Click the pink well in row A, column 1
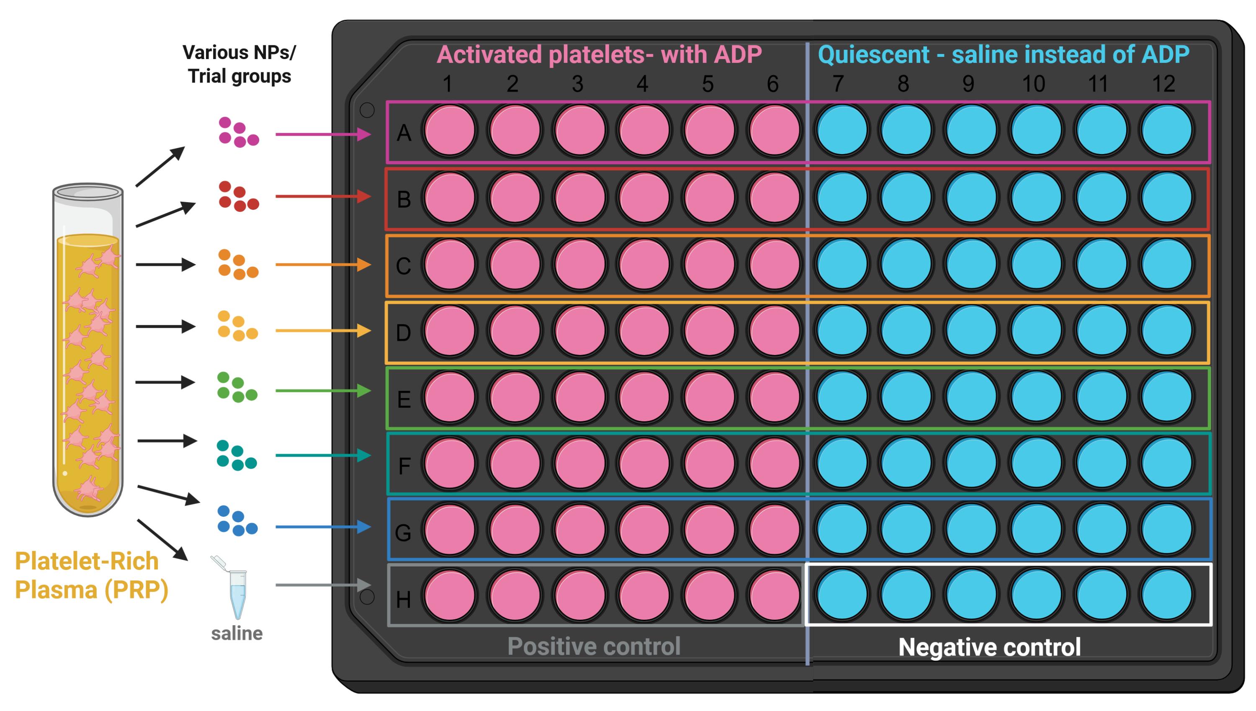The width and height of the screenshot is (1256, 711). coord(449,130)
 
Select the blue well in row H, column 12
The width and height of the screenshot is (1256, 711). coord(1166,594)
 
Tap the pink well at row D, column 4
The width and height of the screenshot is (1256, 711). coord(644,331)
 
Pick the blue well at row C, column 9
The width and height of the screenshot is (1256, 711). coord(971,264)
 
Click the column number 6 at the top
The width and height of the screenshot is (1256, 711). coord(772,84)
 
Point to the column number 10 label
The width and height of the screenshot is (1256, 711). coord(1033,84)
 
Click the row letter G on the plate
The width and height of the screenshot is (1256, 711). coord(403,533)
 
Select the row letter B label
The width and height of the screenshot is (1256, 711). coord(404,199)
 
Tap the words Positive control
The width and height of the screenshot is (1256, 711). coord(594,646)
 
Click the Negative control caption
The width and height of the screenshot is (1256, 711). coord(989,647)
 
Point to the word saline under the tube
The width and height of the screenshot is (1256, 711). coord(237,634)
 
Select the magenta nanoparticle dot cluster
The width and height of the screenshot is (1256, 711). coord(238,132)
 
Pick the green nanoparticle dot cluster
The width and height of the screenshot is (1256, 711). coord(237,387)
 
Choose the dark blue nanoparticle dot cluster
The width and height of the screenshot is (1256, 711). coord(237,521)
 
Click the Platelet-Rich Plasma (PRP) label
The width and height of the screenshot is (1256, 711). coord(91,575)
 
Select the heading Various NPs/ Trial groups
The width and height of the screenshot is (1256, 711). coord(239,64)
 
